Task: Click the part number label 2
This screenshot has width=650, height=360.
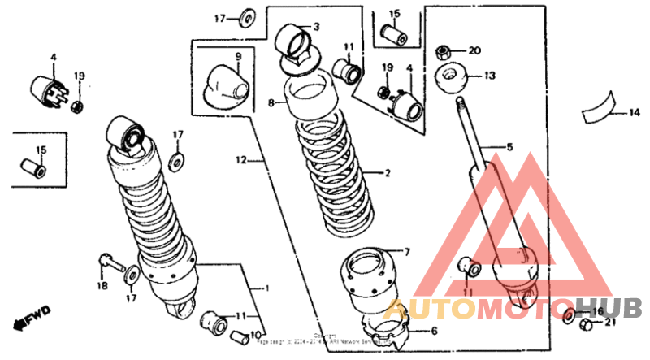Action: click(388, 173)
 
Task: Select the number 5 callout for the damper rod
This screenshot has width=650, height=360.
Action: click(510, 147)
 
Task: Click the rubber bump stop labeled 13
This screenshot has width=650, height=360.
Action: click(456, 78)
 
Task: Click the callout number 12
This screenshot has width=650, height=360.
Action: click(240, 161)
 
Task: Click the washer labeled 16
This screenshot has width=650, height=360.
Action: click(569, 314)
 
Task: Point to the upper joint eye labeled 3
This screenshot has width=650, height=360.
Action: click(295, 41)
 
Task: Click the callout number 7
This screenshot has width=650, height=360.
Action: click(408, 251)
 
